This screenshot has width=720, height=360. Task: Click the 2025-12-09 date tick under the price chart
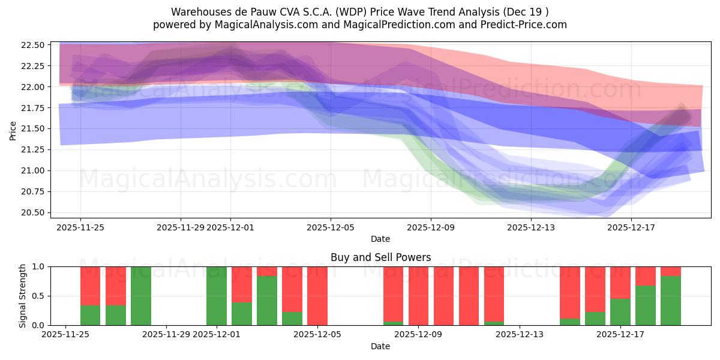click(x=431, y=228)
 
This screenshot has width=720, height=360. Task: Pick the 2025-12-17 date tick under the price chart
click(x=631, y=228)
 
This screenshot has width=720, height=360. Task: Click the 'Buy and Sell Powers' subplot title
click(x=380, y=257)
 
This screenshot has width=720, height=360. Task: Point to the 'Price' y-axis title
click(x=13, y=130)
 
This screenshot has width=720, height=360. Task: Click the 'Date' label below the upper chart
click(x=380, y=239)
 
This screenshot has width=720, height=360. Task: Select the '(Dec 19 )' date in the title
click(x=526, y=12)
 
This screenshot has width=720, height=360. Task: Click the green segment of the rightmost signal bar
click(x=671, y=301)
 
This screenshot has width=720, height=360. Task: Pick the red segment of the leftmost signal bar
click(x=91, y=286)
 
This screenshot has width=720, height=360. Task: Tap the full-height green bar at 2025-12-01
click(x=217, y=296)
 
